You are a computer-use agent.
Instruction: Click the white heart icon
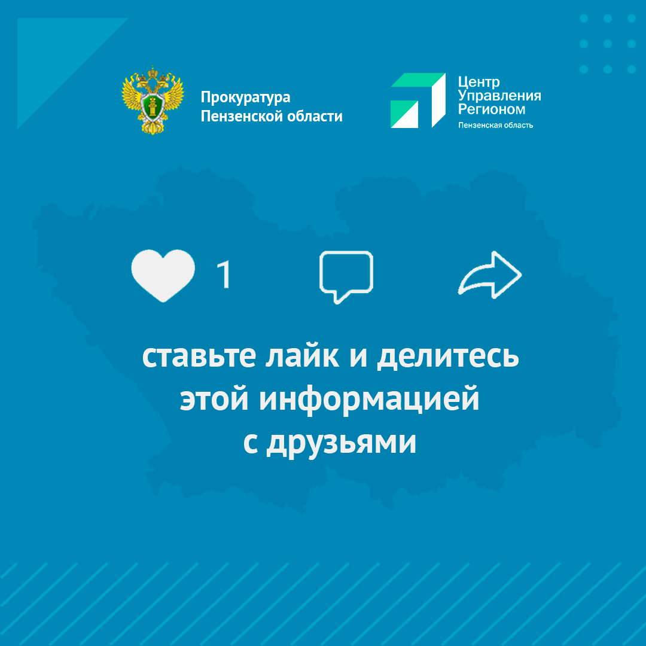[x=163, y=275]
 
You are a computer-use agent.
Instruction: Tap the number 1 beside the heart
[x=224, y=274]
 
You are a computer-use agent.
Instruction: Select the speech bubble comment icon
[x=346, y=276]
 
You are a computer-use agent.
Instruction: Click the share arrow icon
[x=490, y=275]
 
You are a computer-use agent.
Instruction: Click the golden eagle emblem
[x=153, y=100]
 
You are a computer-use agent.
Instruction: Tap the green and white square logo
[x=418, y=100]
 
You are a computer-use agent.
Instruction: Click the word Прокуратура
[x=246, y=97]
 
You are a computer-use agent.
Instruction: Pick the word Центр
[x=479, y=83]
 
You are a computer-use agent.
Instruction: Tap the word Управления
[x=499, y=96]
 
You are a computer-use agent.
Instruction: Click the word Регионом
[x=492, y=109]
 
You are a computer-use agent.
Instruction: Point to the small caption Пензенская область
[x=496, y=125]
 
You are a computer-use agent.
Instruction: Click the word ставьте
[x=199, y=356]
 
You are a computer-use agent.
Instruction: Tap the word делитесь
[x=448, y=356]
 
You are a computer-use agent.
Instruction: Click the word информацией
[x=369, y=400]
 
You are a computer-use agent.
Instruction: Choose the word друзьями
[x=341, y=443]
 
